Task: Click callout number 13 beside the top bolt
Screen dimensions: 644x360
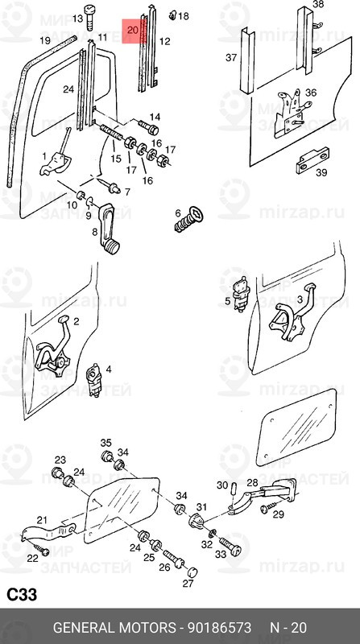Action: (77, 18)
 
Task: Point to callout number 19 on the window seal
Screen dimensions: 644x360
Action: (46, 39)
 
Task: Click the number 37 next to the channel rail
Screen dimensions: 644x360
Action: (231, 57)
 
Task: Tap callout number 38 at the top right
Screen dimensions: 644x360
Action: (318, 5)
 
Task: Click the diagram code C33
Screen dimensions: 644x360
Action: (24, 595)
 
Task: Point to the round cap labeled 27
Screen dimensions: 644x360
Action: (192, 573)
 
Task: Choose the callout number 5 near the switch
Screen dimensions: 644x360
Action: (228, 303)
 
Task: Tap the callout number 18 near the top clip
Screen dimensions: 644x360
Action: (183, 16)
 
